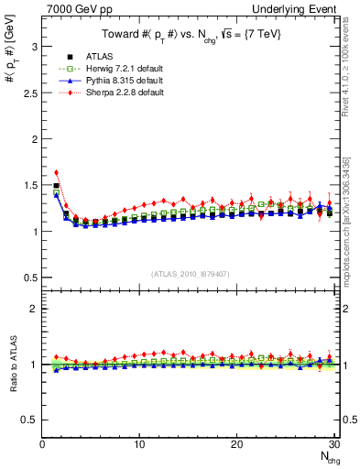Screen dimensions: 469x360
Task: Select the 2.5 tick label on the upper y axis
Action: point(29,93)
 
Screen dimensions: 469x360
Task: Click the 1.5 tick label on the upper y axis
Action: point(29,185)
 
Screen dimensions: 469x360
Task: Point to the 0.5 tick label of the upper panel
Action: point(29,278)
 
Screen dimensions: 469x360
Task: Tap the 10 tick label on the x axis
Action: point(139,444)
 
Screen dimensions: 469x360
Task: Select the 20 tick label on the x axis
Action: point(236,444)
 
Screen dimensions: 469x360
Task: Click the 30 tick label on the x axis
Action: point(333,444)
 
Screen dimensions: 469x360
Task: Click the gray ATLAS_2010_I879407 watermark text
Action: point(191,275)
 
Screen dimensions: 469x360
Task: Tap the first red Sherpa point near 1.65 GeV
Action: point(57,172)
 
